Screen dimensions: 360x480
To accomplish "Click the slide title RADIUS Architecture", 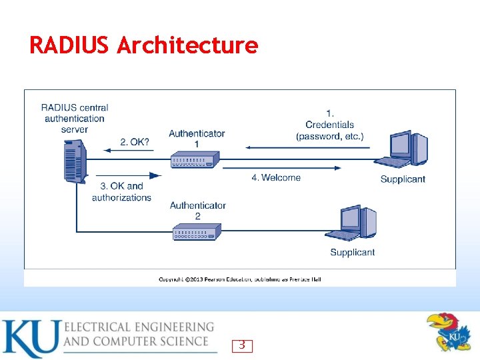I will [143, 45].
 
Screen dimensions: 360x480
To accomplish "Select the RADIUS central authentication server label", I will [75, 118].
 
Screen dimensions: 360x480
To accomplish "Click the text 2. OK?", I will [135, 142].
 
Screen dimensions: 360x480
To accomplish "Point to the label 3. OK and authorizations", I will [121, 192].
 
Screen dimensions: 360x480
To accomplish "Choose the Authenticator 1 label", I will [197, 139].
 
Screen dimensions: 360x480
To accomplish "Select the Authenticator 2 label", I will [197, 211].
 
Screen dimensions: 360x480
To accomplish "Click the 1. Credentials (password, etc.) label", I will [330, 125].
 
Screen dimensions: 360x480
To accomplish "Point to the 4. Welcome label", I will [276, 177].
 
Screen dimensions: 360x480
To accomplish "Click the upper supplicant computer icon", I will [403, 151].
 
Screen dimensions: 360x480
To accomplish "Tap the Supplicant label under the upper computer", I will [403, 179].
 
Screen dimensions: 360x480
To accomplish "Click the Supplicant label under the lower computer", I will [352, 253].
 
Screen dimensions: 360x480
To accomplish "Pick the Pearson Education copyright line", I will [240, 279].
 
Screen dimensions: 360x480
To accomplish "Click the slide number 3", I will [242, 345].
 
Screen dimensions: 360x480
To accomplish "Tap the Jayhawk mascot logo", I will [449, 331].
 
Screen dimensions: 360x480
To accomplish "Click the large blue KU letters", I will [30, 339].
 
